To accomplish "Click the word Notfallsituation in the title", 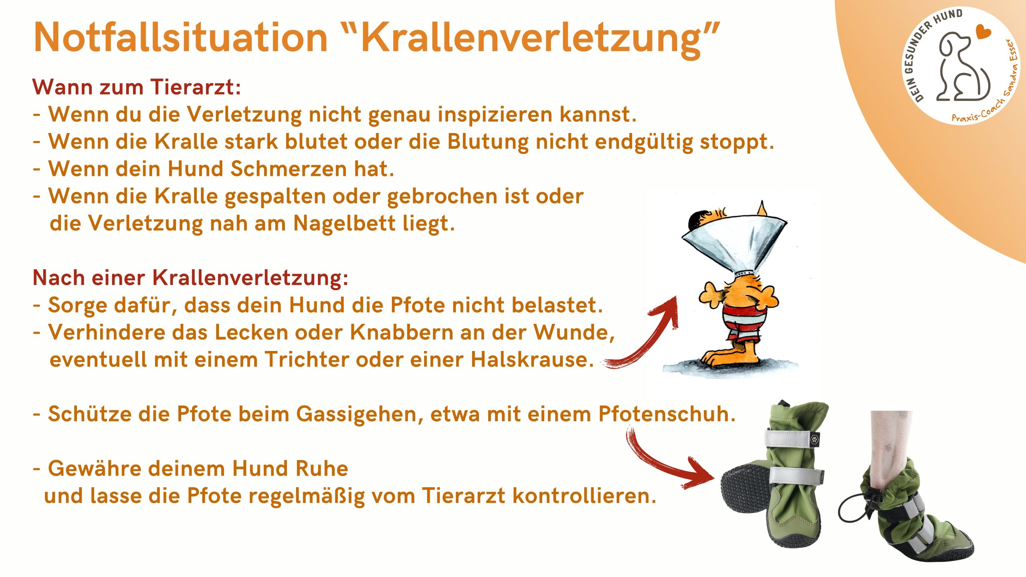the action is coord(181,37).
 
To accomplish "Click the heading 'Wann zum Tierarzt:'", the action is coord(137,87).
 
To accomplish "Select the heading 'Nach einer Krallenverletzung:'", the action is coord(190,278).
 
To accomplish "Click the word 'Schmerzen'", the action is coord(289,169).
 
